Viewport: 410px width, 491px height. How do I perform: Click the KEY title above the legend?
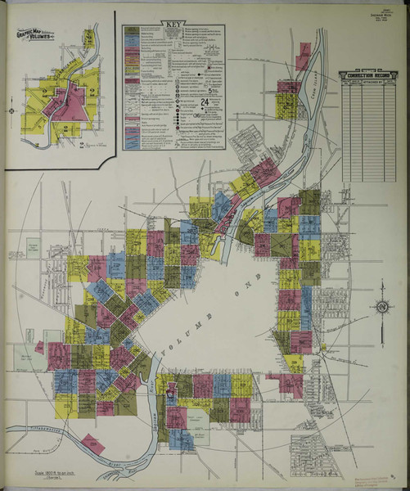173,25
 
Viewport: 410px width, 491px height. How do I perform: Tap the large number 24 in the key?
204,101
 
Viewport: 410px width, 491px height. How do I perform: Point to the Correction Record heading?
368,75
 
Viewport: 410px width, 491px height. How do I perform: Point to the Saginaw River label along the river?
154,401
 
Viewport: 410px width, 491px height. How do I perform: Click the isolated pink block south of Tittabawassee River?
92,444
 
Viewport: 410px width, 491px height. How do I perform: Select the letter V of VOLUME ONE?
163,357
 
